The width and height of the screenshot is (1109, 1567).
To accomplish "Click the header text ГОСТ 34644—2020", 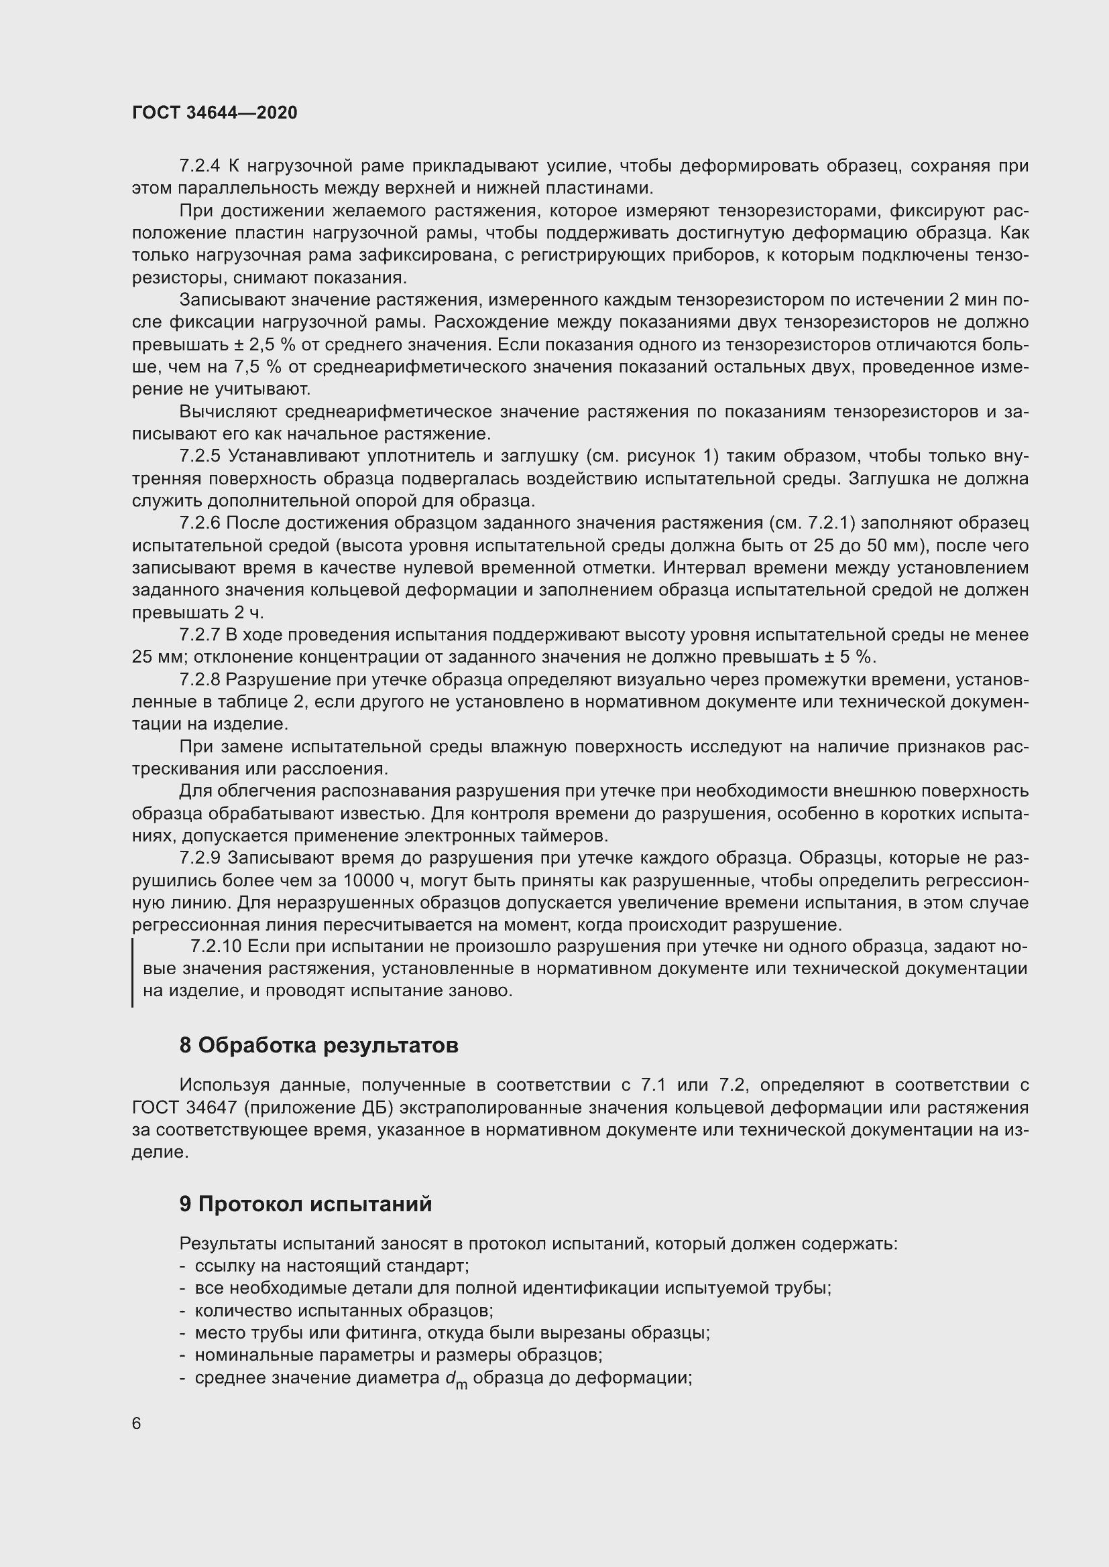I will pos(215,113).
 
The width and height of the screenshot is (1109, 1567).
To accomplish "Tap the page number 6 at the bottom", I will pos(137,1423).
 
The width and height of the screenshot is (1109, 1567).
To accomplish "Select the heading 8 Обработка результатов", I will pos(319,1045).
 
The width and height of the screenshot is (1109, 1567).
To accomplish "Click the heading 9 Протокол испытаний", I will pos(305,1204).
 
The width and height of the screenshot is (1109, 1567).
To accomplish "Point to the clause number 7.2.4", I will pos(198,166).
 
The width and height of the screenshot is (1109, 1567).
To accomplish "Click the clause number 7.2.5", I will pos(198,456).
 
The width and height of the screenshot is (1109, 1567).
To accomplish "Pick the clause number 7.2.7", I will pos(198,634).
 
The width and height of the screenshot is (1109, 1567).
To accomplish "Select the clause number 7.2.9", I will pos(198,858).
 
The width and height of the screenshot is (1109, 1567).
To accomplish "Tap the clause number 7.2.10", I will pos(216,947).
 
